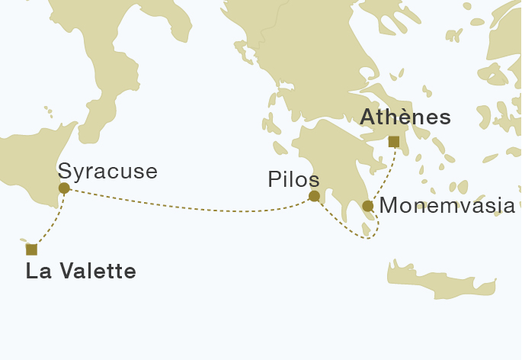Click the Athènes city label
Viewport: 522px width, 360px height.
(405, 117)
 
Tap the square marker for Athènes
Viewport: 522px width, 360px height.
(394, 141)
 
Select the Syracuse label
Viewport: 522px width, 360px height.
(107, 170)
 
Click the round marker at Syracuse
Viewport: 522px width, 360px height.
(64, 188)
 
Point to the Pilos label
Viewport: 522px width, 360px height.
(293, 179)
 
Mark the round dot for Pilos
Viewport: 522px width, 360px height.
(314, 196)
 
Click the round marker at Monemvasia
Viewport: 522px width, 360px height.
(367, 206)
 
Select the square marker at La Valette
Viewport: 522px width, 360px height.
(31, 249)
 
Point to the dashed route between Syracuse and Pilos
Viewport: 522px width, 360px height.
(191, 204)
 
